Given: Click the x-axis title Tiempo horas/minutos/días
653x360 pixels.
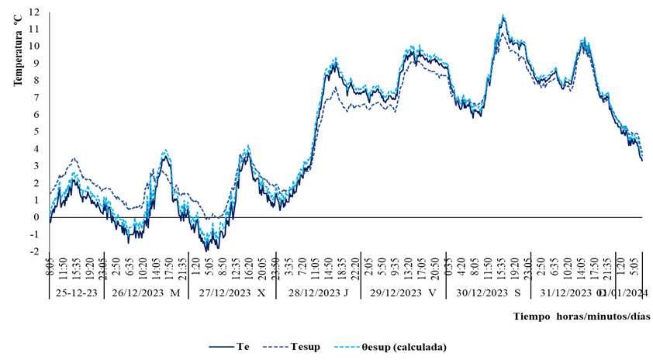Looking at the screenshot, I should pyautogui.click(x=581, y=317).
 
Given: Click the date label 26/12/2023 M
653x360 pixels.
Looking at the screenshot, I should pyautogui.click(x=145, y=293).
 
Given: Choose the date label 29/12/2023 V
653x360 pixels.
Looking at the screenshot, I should pyautogui.click(x=403, y=293).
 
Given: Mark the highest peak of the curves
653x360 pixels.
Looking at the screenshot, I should pyautogui.click(x=503, y=16).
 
